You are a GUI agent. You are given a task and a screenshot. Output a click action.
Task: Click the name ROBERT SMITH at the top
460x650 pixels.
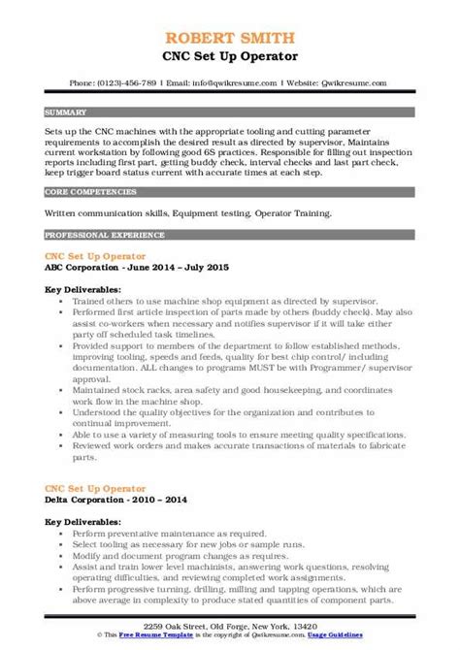click(x=230, y=13)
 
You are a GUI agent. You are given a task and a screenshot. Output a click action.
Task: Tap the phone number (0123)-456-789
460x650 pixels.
click(x=144, y=55)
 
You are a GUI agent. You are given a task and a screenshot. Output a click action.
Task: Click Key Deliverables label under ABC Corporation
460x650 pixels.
click(x=82, y=289)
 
